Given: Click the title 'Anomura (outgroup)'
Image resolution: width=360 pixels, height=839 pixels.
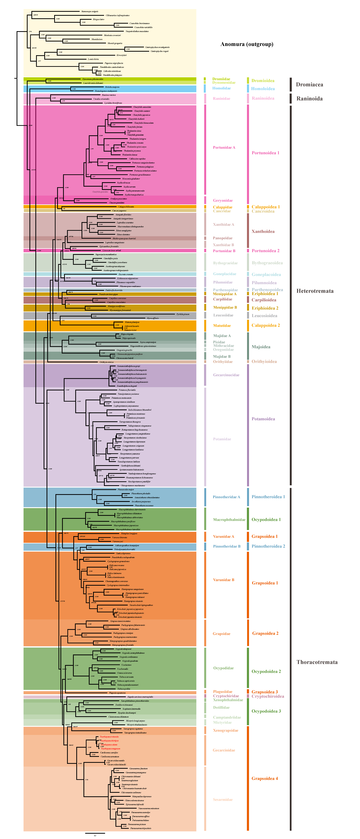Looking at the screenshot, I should tap(247, 44).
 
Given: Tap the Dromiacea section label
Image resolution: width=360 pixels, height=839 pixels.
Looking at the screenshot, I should tap(309, 85).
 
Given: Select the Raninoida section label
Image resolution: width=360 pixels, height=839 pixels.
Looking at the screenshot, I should tap(309, 99).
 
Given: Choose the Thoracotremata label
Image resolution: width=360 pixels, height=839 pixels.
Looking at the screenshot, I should tap(317, 662).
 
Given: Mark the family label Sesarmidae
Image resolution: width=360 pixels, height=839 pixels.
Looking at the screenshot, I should tap(223, 800).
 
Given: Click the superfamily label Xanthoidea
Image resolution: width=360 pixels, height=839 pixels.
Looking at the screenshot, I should tap(263, 232).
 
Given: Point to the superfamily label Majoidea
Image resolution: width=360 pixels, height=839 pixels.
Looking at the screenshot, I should tap(261, 347).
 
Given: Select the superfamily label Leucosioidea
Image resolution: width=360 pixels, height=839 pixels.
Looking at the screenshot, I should tap(264, 316).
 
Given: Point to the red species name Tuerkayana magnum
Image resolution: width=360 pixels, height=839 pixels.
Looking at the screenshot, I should tap(110, 748).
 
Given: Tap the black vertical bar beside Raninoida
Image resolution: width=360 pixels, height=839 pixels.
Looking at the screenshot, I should tap(291, 99).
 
